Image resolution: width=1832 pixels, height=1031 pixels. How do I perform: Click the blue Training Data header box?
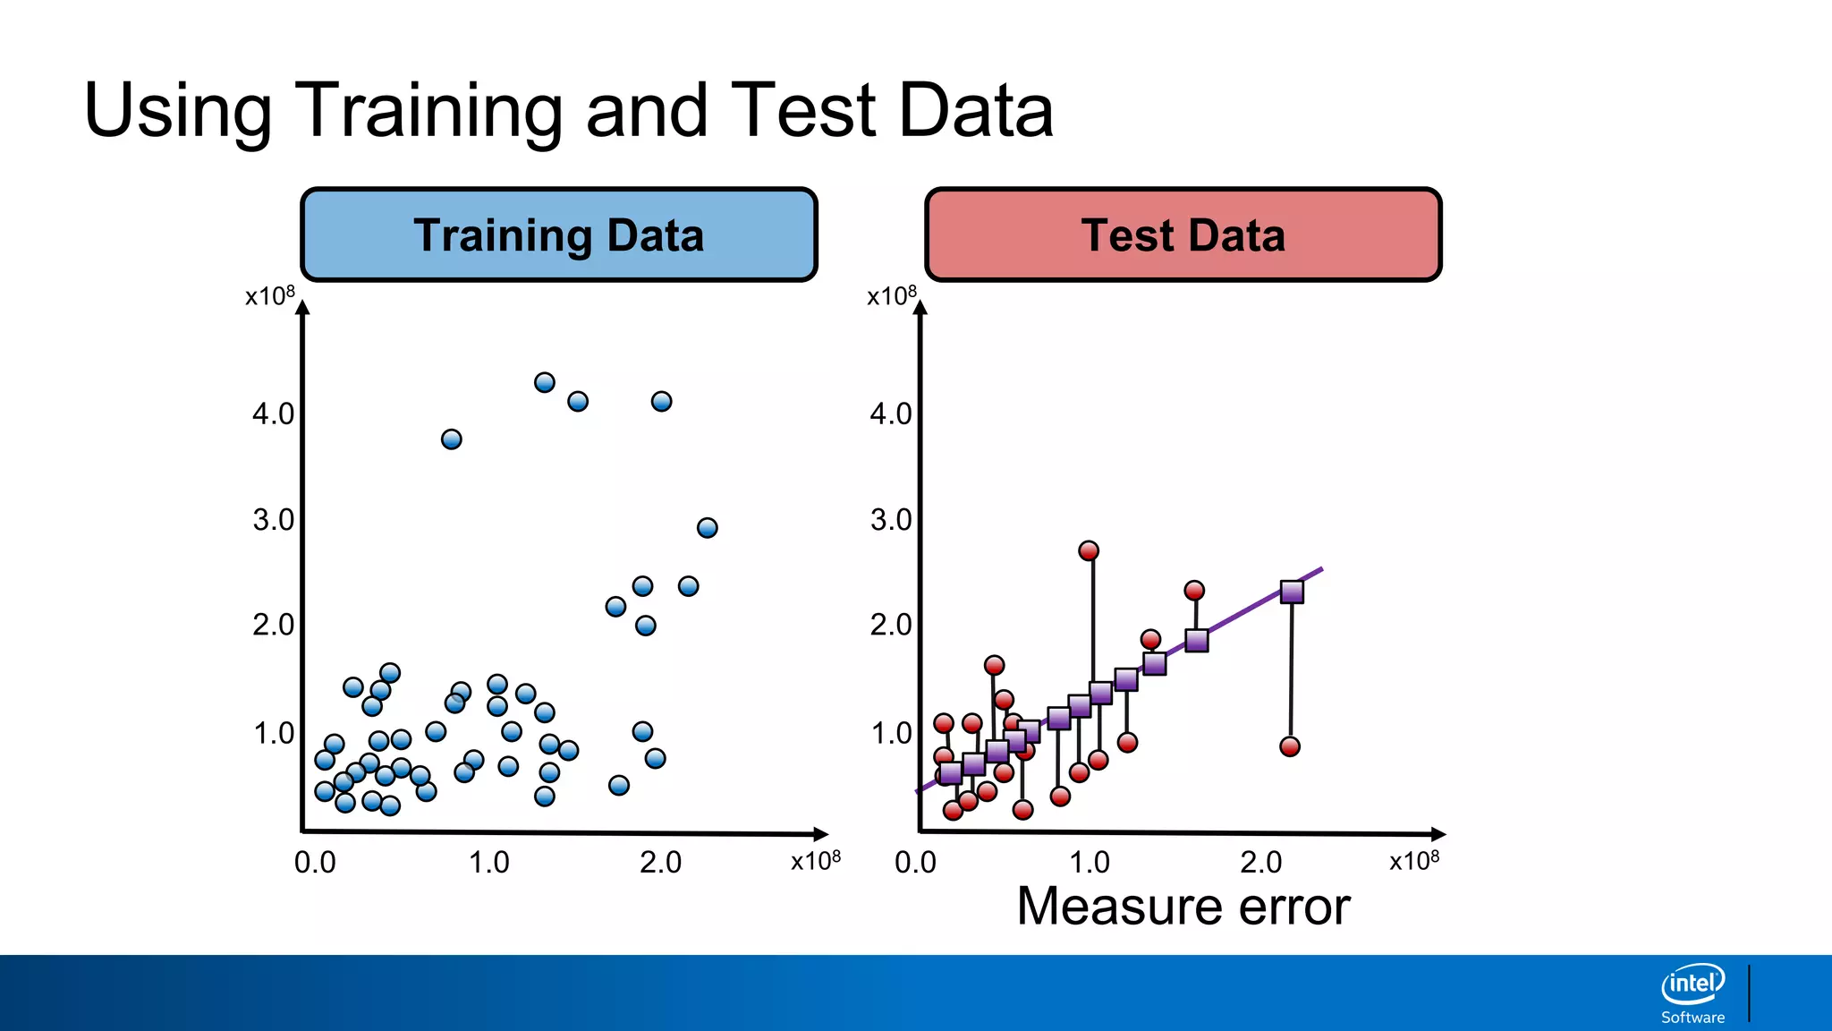click(x=559, y=234)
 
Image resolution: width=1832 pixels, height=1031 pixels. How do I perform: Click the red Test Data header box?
click(x=1183, y=234)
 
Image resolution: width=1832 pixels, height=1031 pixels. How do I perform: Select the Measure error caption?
click(x=1183, y=907)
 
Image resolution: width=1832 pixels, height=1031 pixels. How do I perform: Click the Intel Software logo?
click(x=1692, y=993)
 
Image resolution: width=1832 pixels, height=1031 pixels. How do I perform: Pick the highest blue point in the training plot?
click(x=545, y=382)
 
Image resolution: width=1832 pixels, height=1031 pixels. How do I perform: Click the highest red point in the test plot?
click(x=1089, y=550)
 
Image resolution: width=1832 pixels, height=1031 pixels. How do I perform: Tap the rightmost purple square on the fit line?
click(x=1292, y=592)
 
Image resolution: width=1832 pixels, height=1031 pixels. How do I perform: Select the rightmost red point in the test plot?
click(x=1290, y=746)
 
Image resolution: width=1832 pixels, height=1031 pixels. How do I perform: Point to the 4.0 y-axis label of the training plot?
click(x=273, y=413)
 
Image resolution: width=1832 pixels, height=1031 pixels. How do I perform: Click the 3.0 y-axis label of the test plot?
click(x=891, y=519)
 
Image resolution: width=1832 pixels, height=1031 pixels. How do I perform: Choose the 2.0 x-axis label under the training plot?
click(x=661, y=862)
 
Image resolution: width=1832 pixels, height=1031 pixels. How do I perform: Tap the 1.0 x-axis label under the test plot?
click(x=1090, y=862)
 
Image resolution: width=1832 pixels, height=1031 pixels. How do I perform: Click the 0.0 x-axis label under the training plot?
click(x=315, y=862)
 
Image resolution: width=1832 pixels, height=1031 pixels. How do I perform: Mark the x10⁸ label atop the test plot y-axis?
click(x=892, y=295)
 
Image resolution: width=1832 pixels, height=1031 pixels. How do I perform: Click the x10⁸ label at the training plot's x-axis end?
click(x=816, y=860)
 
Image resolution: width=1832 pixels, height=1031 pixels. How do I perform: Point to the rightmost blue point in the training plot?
click(x=708, y=527)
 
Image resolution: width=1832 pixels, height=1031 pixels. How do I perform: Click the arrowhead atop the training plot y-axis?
click(x=303, y=308)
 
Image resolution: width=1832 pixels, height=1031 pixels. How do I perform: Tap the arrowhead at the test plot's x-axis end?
click(x=1438, y=833)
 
